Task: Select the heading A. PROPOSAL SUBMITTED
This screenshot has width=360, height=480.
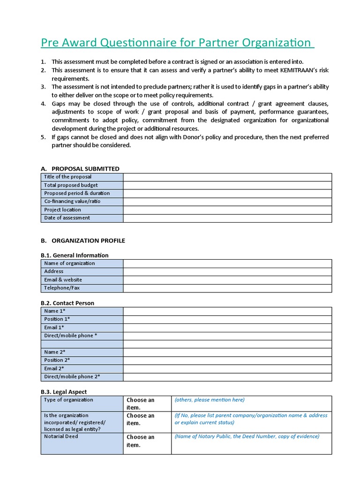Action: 80,169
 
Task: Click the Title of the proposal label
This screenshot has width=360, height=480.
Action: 68,177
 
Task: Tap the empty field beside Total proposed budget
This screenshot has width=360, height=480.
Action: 227,185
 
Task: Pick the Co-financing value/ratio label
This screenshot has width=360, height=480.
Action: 72,202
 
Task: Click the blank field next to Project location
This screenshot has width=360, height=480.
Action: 227,210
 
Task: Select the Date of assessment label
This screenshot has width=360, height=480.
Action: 67,218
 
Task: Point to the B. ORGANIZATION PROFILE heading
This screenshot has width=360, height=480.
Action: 83,240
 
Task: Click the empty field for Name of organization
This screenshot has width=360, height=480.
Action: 227,263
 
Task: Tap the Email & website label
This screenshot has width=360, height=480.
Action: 63,280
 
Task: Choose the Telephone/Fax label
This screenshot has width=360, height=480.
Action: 62,288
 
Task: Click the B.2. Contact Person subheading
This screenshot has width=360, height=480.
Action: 67,303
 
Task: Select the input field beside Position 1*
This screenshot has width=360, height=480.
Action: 227,319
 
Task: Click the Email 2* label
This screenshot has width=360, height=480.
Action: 54,368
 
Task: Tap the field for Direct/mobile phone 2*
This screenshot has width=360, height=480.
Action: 227,377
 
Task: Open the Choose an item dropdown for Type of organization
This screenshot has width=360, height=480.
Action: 141,404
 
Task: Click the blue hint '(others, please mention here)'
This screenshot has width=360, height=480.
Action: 210,400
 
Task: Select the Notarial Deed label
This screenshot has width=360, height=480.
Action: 61,436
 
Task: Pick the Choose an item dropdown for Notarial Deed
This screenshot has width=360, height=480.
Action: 141,441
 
